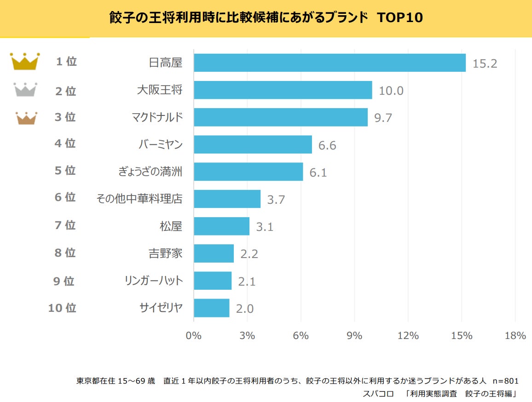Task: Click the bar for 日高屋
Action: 330,63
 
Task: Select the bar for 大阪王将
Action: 283,90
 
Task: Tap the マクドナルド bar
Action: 281,117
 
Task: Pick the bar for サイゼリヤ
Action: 211,308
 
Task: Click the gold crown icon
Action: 25,61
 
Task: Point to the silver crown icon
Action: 25,90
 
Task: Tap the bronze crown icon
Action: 26,118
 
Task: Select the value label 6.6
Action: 327,145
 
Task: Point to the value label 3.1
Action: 265,227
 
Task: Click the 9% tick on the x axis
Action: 354,335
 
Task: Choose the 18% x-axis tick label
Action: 515,335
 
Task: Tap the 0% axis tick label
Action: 194,335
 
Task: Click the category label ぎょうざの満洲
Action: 150,172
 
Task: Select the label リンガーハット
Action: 154,281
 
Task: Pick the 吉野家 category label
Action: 165,253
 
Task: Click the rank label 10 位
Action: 62,308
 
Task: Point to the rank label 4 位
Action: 65,144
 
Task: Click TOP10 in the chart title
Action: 399,17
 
